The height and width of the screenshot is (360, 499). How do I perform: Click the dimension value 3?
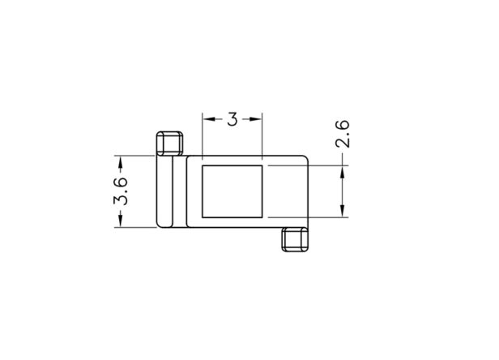(232, 119)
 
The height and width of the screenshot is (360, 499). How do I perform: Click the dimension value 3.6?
(121, 191)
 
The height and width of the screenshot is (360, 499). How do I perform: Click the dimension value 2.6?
(343, 134)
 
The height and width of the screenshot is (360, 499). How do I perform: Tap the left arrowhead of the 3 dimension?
(209, 119)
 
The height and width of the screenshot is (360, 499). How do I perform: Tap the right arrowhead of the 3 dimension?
(256, 119)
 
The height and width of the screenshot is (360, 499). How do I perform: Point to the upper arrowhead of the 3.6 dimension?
(121, 162)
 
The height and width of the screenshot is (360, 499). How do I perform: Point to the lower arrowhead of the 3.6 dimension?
(121, 221)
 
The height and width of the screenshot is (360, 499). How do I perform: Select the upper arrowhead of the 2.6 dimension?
(343, 172)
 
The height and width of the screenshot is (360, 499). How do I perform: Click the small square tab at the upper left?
(169, 144)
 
